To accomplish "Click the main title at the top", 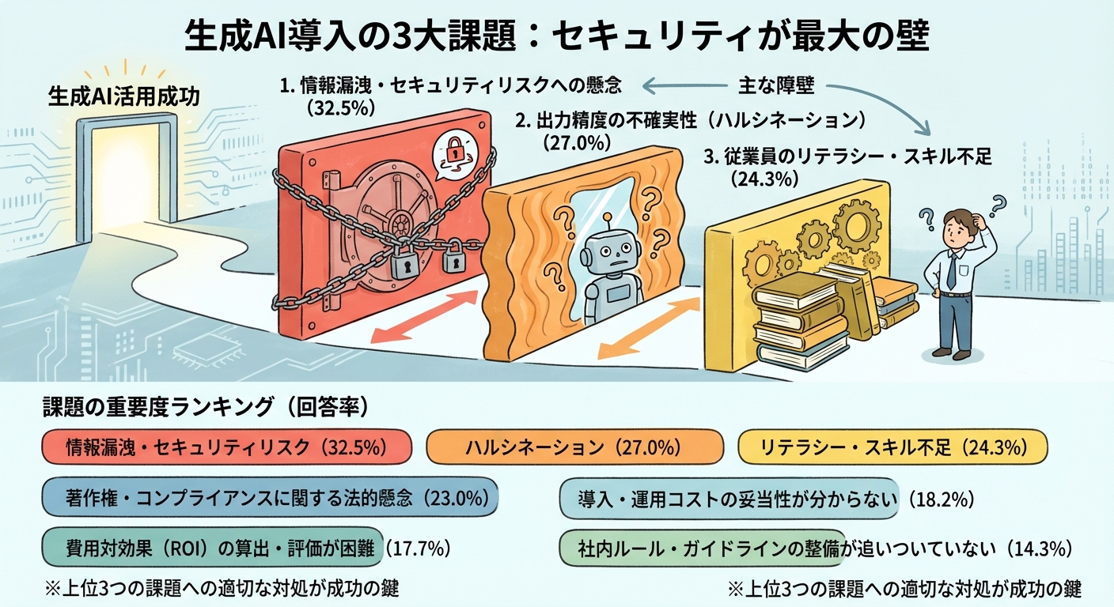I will (x=556, y=36).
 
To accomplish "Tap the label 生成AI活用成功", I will (x=124, y=97).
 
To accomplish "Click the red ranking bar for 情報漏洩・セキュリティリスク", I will (x=225, y=447).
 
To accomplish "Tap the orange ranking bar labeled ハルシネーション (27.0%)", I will (x=574, y=447).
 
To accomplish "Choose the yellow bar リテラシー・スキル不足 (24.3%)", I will (x=892, y=447).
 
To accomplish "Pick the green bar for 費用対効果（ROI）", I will (x=212, y=547).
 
